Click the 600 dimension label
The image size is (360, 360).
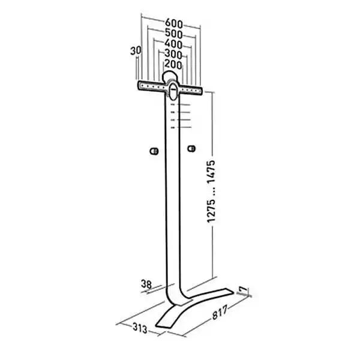coord(174,23)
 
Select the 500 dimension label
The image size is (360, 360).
coord(174,34)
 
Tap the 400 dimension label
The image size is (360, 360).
coord(173,44)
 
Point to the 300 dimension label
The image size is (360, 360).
coord(173,54)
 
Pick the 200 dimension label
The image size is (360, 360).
coord(173,64)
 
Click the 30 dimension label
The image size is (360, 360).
coord(136,51)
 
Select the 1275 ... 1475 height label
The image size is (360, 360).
coord(211,191)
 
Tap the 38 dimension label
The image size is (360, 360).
coord(146,284)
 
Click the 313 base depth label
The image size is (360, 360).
coord(140,328)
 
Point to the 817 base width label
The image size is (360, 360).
coord(220,312)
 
